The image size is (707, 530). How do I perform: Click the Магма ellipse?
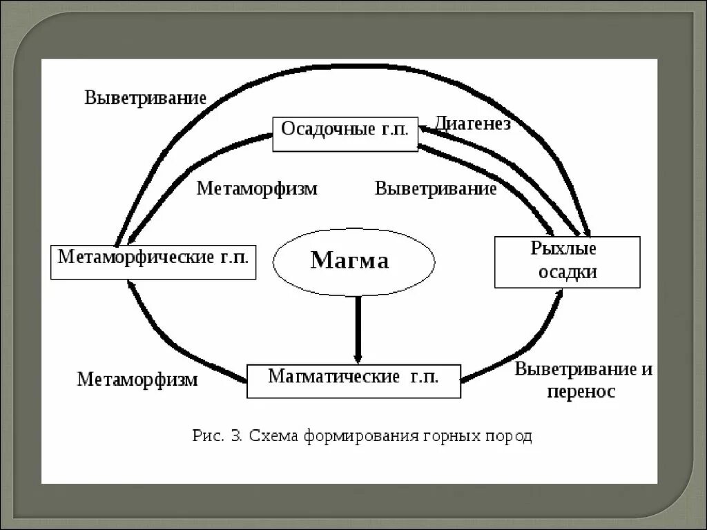pos(354,261)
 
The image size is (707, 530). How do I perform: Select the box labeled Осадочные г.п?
pos(345,134)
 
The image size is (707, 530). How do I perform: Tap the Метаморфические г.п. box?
pos(153,261)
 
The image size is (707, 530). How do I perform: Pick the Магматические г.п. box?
pos(353,380)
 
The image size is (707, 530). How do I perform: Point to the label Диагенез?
pos(473,124)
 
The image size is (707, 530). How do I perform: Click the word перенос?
pos(581,392)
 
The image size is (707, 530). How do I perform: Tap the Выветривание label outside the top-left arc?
pos(145,97)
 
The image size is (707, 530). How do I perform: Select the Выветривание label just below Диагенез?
pos(436,188)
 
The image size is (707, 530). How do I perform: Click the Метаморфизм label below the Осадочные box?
pos(257,188)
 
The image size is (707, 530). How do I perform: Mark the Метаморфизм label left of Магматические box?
pos(137,380)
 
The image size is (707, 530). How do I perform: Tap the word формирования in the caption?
pos(346,436)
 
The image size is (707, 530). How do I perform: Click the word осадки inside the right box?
pos(568,272)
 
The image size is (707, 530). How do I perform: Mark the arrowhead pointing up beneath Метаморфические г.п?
pos(131,284)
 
